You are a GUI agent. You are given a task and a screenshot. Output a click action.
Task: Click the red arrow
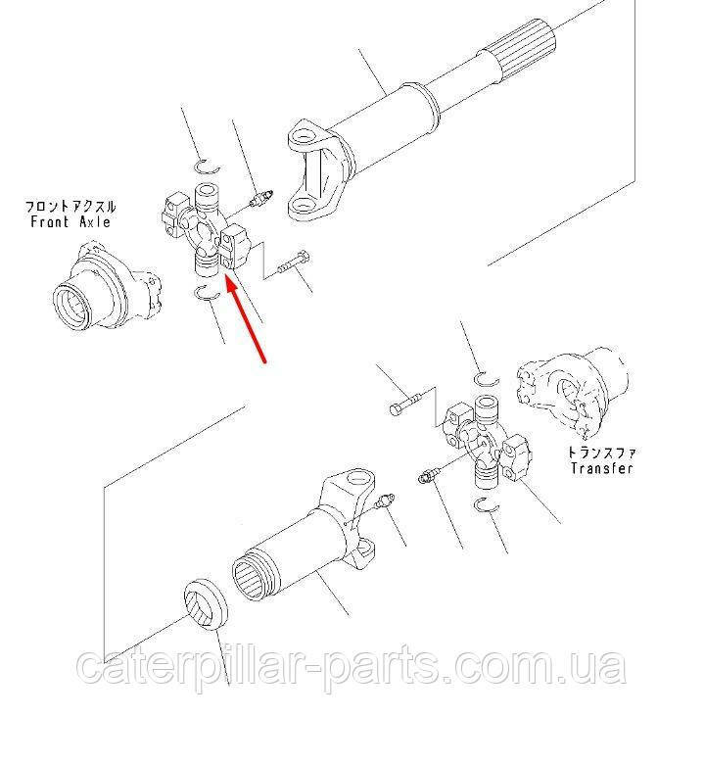[x=246, y=318]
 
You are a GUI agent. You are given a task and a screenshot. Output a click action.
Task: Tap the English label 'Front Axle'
[x=70, y=222]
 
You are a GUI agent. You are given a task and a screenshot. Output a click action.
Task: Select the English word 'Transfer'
[x=602, y=469]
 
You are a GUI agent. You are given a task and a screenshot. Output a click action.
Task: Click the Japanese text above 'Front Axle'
[x=70, y=207]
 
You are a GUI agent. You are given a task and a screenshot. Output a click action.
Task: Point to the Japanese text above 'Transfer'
[x=602, y=453]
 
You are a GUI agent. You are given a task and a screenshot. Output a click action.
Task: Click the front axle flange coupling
[x=106, y=286]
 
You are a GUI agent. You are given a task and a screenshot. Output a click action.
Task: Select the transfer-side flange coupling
[x=573, y=395]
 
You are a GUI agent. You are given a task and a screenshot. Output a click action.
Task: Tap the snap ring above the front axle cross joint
[x=207, y=167]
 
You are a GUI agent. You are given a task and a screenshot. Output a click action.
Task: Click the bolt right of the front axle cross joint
[x=294, y=263]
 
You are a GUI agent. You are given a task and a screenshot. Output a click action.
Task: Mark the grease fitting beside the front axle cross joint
[x=260, y=199]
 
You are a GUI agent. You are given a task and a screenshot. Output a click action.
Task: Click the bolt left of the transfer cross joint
[x=404, y=404]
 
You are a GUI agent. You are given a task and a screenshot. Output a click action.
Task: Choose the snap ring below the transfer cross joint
[x=487, y=506]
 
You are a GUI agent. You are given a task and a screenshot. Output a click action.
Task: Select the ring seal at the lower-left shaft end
[x=206, y=604]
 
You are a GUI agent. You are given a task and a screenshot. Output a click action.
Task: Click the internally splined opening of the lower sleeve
[x=254, y=577]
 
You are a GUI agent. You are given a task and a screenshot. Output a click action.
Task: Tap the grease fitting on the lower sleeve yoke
[x=385, y=501]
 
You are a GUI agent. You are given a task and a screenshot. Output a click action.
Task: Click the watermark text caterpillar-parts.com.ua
[x=351, y=665]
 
